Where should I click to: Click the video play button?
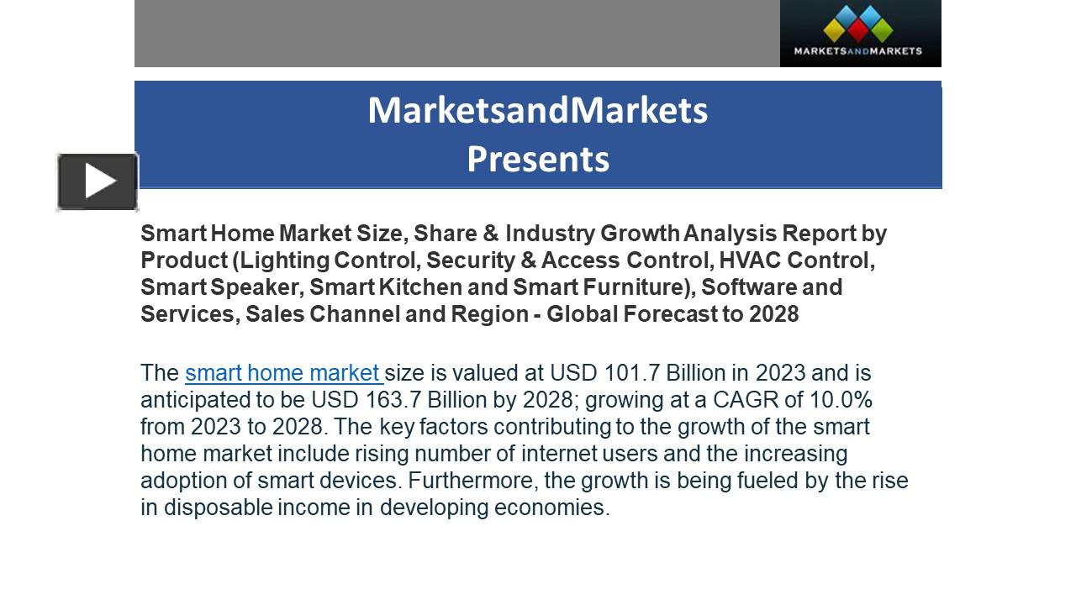(x=98, y=181)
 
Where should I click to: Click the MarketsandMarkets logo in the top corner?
(x=859, y=33)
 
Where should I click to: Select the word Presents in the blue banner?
(x=538, y=159)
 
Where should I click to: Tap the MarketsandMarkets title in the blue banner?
(x=538, y=110)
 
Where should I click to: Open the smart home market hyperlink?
(x=283, y=372)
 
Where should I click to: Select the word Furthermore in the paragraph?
(x=471, y=480)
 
